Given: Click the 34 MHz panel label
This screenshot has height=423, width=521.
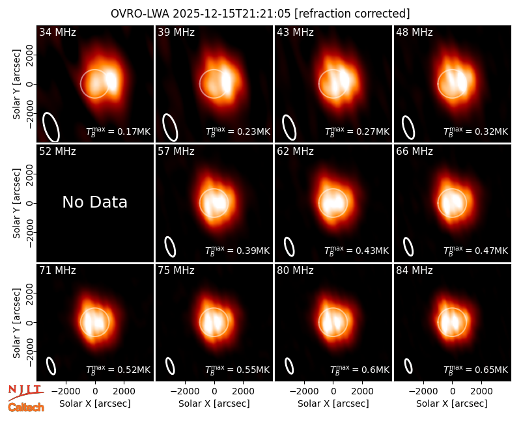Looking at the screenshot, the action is tap(57, 32).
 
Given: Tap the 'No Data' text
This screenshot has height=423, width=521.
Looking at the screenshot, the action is tap(94, 202).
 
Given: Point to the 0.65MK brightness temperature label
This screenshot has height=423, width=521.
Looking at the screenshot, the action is tap(476, 369).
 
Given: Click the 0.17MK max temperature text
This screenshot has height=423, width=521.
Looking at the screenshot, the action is tap(119, 131).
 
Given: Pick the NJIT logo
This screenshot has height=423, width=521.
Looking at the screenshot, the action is tap(25, 392).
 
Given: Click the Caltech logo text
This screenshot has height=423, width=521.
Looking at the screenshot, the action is tap(26, 407).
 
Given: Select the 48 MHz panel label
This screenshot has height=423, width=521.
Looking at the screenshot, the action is tap(414, 32).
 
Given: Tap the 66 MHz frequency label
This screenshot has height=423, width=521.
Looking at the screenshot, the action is tap(414, 152).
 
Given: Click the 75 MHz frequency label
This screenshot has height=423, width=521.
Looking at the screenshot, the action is tap(176, 271).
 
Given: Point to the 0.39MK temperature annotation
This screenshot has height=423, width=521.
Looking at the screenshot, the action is tap(237, 251).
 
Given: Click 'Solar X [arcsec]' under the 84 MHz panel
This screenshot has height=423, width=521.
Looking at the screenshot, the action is tap(452, 403).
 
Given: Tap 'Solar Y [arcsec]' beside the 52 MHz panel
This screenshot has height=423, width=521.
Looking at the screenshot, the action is tap(16, 203).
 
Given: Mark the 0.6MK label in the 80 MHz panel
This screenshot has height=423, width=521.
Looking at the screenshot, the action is tap(359, 369).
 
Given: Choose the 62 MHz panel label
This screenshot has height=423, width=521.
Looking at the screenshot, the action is tap(295, 152).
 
